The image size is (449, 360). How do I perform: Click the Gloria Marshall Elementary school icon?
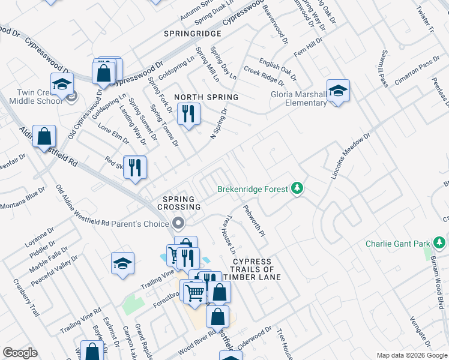pos(338,91)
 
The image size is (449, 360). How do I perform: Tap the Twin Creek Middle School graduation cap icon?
pos(62,85)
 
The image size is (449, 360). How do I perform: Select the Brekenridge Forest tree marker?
pos(297,189)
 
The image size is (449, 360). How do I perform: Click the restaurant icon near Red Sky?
pos(135,167)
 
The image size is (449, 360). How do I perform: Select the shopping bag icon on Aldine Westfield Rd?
pos(44,137)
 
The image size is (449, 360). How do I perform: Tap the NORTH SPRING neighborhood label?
pos(206,97)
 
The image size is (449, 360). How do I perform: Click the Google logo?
pos(20,353)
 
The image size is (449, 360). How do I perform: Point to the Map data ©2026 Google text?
pos(411,355)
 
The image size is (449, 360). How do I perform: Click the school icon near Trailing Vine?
pos(122,263)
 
